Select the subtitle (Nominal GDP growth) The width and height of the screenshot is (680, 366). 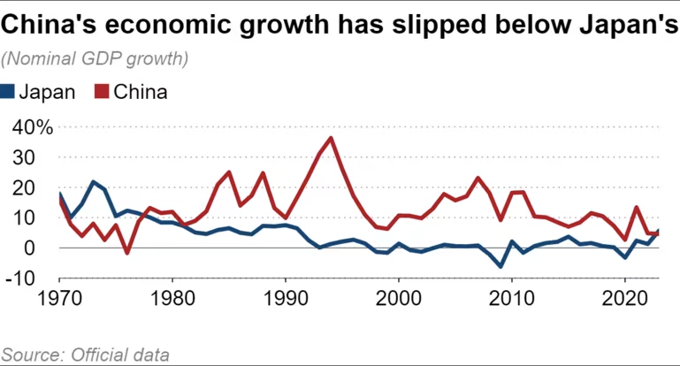click(95, 59)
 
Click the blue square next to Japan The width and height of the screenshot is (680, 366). click(9, 91)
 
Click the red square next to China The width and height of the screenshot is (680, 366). click(102, 91)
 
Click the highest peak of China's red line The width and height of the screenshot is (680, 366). click(331, 138)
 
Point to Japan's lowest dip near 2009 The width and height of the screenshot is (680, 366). click(500, 266)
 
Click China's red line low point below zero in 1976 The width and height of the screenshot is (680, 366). click(127, 253)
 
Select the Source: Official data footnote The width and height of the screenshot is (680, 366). click(85, 355)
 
